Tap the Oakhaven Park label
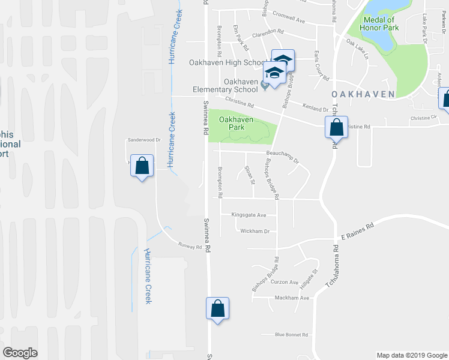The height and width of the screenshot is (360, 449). pyautogui.click(x=235, y=124)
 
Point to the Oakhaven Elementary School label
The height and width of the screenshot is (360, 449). pyautogui.click(x=241, y=86)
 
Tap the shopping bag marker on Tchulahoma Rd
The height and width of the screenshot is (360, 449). pyautogui.click(x=336, y=127)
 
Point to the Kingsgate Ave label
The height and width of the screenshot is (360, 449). pyautogui.click(x=249, y=214)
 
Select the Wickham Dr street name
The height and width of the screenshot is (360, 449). pyautogui.click(x=255, y=231)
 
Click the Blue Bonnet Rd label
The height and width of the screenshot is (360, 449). pyautogui.click(x=291, y=335)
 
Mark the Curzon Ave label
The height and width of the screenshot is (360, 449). pyautogui.click(x=285, y=282)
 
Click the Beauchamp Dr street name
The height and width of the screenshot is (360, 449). pyautogui.click(x=282, y=155)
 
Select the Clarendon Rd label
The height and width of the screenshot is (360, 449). pyautogui.click(x=268, y=32)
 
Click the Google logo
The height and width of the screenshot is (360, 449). pyautogui.click(x=20, y=353)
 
